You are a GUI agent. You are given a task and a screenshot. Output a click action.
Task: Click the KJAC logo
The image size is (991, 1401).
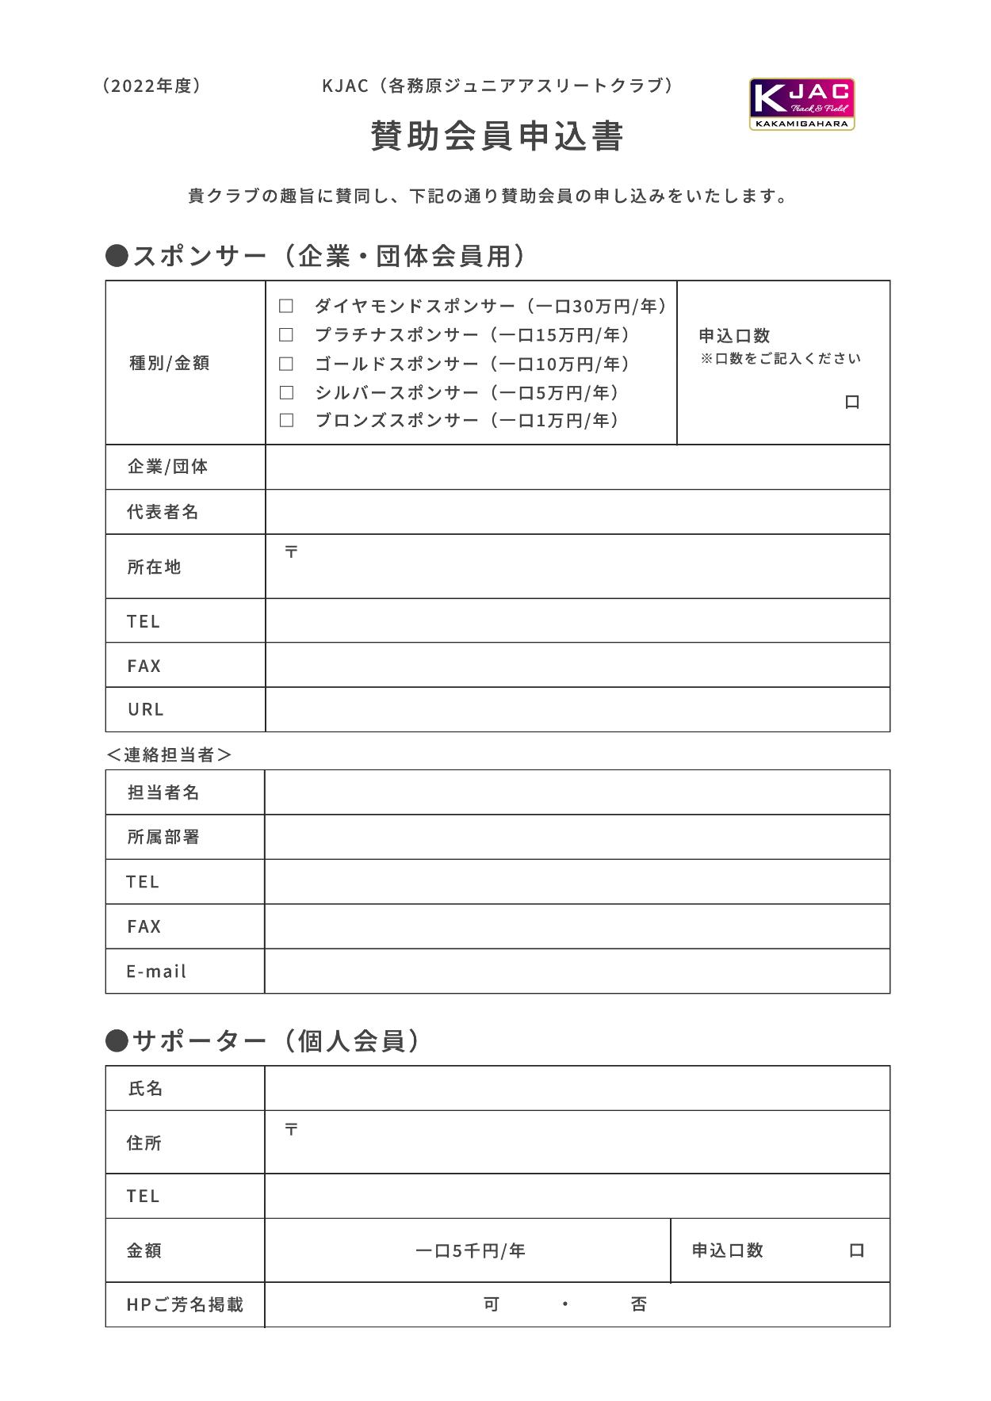coord(802,104)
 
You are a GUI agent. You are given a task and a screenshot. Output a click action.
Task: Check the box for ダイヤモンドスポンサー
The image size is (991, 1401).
coord(286,306)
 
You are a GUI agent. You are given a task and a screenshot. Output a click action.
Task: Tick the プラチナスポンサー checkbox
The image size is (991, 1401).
coord(286,335)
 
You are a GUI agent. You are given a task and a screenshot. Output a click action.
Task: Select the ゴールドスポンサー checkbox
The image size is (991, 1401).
coord(286,364)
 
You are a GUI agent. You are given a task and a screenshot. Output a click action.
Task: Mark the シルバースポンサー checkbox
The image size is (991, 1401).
coord(286,392)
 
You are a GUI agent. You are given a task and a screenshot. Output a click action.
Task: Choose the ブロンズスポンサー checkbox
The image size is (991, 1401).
coord(286,420)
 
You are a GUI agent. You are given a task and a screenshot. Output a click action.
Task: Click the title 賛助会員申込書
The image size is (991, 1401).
coord(497,136)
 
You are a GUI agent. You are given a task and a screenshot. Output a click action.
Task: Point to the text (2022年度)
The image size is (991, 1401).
coord(151,86)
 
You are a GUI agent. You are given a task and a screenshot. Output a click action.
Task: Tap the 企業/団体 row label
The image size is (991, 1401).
coord(168,467)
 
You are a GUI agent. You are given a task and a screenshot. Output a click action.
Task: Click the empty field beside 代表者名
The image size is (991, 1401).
coord(577,512)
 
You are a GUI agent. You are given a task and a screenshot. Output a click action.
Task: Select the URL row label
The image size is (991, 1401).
coord(146,709)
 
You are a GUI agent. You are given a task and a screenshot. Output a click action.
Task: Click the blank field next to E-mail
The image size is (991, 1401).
coord(577,971)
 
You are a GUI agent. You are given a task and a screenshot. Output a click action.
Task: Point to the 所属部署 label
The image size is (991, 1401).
coord(163,837)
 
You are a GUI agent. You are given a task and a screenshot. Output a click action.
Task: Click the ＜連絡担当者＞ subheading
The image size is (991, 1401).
coord(169,754)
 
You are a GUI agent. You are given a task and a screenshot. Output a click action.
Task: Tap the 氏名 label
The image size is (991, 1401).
coord(146,1088)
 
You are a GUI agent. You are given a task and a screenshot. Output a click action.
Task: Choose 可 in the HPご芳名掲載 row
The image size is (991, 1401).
coord(492,1304)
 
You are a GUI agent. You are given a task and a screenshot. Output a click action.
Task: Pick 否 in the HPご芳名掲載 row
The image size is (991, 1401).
coord(639,1304)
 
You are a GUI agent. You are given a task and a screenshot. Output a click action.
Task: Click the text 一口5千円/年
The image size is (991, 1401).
coord(470,1250)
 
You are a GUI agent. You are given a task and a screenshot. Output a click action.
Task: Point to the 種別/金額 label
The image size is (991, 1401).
coord(170,363)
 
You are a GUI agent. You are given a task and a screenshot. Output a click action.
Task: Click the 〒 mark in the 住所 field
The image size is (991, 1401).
coord(292,1129)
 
